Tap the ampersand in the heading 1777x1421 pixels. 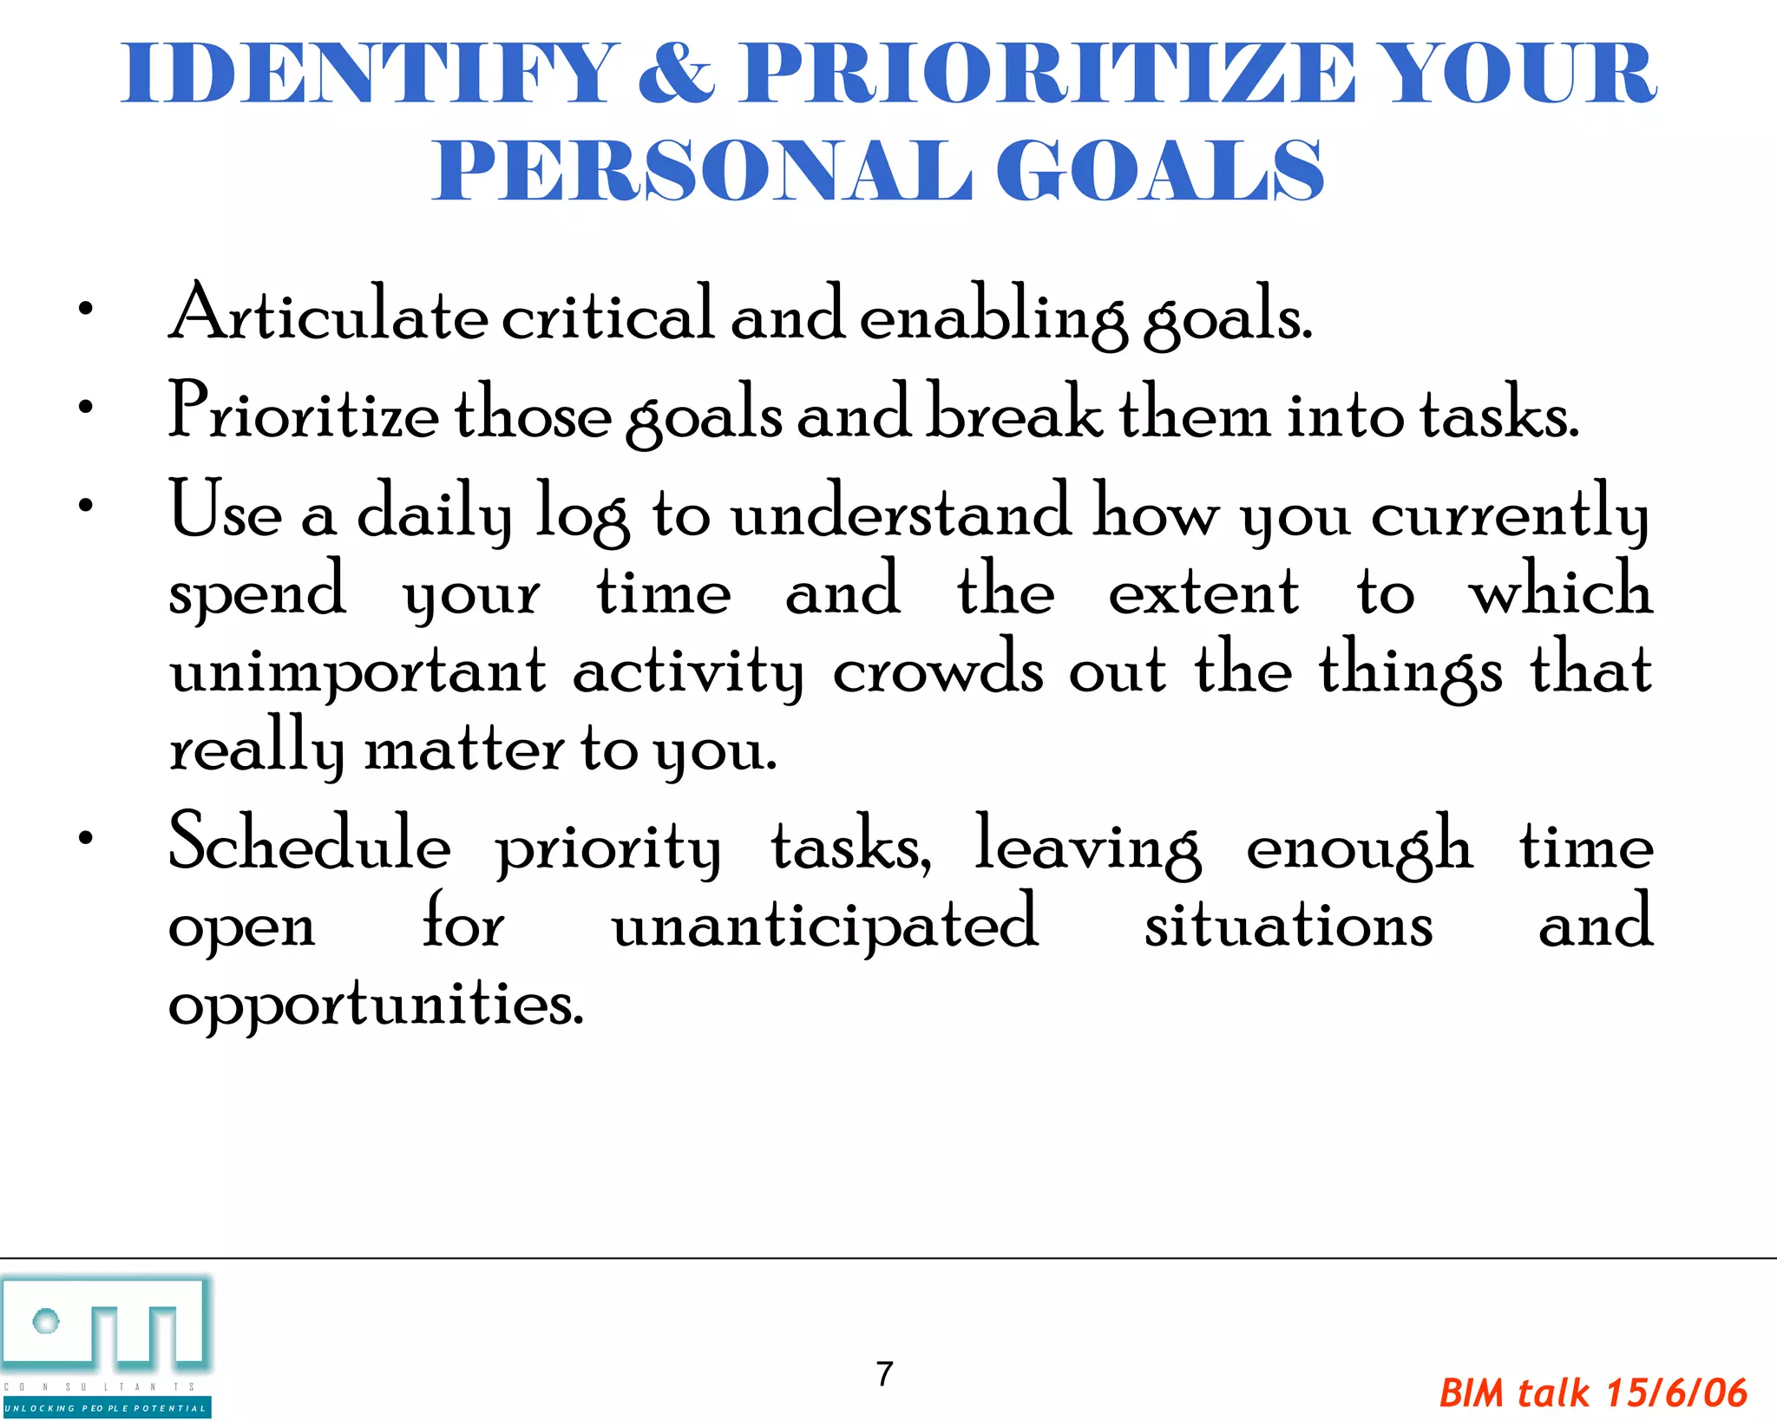(x=676, y=75)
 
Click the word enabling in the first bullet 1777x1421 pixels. (x=993, y=316)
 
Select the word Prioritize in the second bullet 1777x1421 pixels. (x=304, y=412)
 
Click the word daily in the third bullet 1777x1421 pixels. (x=434, y=514)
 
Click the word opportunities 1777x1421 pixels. (x=376, y=1005)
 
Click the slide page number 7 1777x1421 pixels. (x=884, y=1373)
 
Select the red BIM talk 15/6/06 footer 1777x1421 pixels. (x=1592, y=1393)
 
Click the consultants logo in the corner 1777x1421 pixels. (x=106, y=1345)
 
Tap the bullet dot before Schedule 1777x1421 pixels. (x=85, y=838)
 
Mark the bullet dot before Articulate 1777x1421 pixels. (x=85, y=309)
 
